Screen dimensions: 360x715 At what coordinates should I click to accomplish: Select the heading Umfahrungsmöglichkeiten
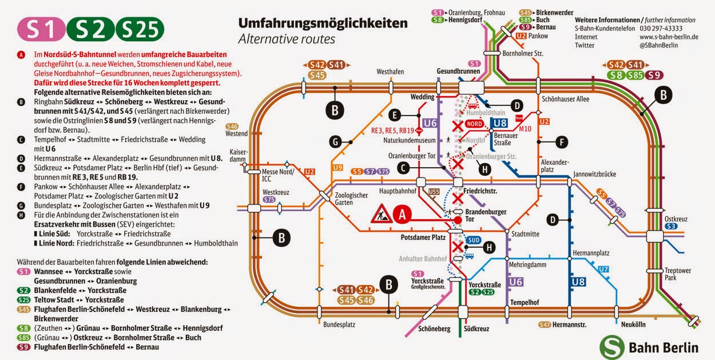323,23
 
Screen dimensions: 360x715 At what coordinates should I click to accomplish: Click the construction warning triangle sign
381,213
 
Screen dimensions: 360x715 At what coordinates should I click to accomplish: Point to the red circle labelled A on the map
402,214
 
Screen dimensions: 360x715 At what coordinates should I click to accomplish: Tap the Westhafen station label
390,72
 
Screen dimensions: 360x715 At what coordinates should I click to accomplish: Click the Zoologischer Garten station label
351,199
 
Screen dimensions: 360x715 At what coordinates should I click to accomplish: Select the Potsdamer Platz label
423,237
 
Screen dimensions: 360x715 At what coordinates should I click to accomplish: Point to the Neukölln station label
633,325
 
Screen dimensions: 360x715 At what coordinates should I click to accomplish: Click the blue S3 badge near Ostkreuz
672,227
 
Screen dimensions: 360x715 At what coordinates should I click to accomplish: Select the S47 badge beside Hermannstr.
545,325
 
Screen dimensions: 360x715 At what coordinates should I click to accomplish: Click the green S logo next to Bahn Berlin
612,347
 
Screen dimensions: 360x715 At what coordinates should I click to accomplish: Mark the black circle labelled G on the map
338,141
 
